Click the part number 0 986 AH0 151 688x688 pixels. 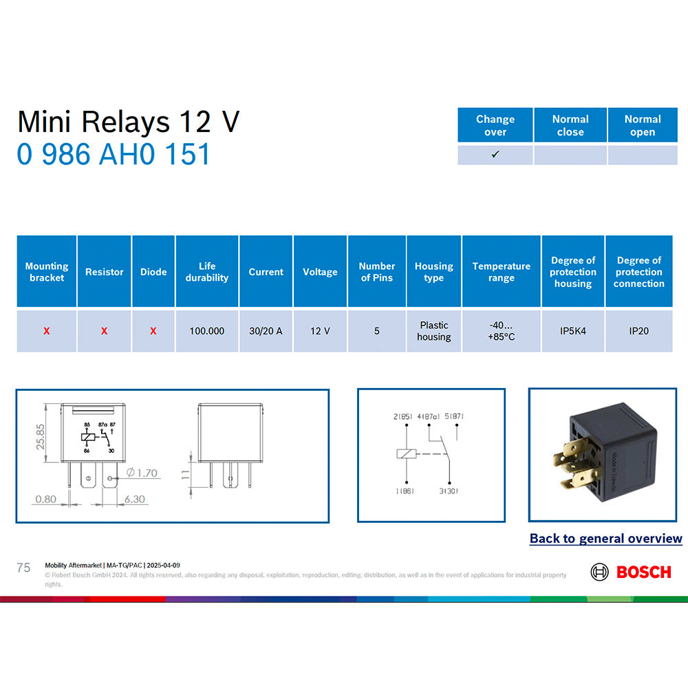coord(114,154)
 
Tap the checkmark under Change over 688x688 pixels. coord(495,155)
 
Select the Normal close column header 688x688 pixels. coord(570,125)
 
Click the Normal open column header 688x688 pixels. coord(643,125)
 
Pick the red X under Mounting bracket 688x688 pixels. coord(47,331)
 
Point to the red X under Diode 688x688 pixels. coord(153,331)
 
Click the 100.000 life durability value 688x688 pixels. coord(207,331)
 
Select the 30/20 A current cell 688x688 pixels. coord(266,331)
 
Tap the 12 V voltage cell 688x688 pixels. coord(320,331)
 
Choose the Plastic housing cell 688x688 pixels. coord(433,331)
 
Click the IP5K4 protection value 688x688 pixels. coord(573,331)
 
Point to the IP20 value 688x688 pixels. coord(638,331)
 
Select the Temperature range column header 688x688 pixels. coord(502,272)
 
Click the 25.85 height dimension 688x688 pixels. coord(40,436)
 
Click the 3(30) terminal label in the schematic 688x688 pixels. coord(448,491)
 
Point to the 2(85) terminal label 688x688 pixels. coord(403,417)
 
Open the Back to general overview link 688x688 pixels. coord(605,539)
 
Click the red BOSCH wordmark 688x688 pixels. coord(643,572)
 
